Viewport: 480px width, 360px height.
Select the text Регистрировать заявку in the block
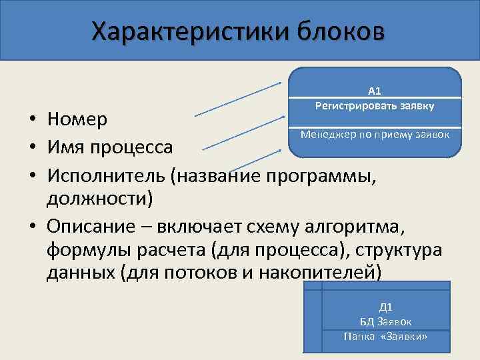[x=375, y=105]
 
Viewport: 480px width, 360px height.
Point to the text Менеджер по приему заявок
[x=375, y=134]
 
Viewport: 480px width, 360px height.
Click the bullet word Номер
[x=77, y=120]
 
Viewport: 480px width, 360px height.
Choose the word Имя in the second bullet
[x=64, y=146]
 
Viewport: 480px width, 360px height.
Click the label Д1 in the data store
[x=385, y=307]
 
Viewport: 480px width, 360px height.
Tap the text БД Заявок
[x=386, y=322]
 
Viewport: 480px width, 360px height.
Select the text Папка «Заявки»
[x=386, y=337]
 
